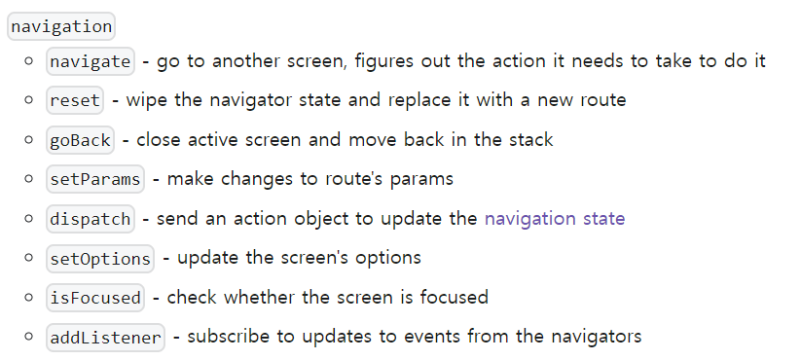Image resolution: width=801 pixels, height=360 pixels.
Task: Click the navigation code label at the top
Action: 60,26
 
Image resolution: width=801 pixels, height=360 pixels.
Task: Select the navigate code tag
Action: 91,61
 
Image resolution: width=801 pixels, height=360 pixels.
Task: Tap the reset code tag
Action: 74,100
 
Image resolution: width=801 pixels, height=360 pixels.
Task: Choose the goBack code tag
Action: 80,140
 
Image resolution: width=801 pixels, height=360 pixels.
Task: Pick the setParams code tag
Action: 95,179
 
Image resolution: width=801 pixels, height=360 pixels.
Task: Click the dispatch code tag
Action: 91,219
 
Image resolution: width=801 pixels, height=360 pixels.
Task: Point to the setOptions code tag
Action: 100,258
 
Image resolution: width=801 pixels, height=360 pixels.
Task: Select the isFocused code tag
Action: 95,298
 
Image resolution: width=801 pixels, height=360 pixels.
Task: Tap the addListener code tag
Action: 105,337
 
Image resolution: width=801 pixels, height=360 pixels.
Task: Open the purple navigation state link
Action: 554,219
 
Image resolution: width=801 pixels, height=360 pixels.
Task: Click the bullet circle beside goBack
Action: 31,140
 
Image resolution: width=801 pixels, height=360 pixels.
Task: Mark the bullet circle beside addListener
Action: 31,338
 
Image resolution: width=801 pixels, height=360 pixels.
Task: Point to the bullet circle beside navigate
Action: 31,61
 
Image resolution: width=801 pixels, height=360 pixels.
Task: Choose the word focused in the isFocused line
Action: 456,298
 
